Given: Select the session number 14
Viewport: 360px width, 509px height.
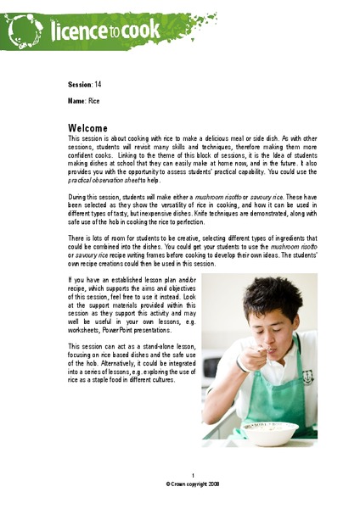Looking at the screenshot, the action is [x=98, y=85].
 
